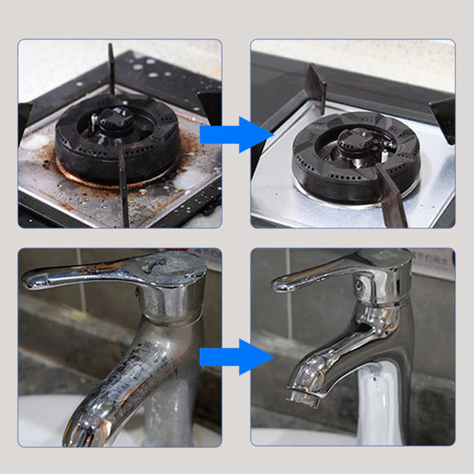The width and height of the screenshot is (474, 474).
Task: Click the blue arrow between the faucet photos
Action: click(236, 357)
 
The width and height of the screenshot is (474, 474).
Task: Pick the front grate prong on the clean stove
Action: click(391, 198)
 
